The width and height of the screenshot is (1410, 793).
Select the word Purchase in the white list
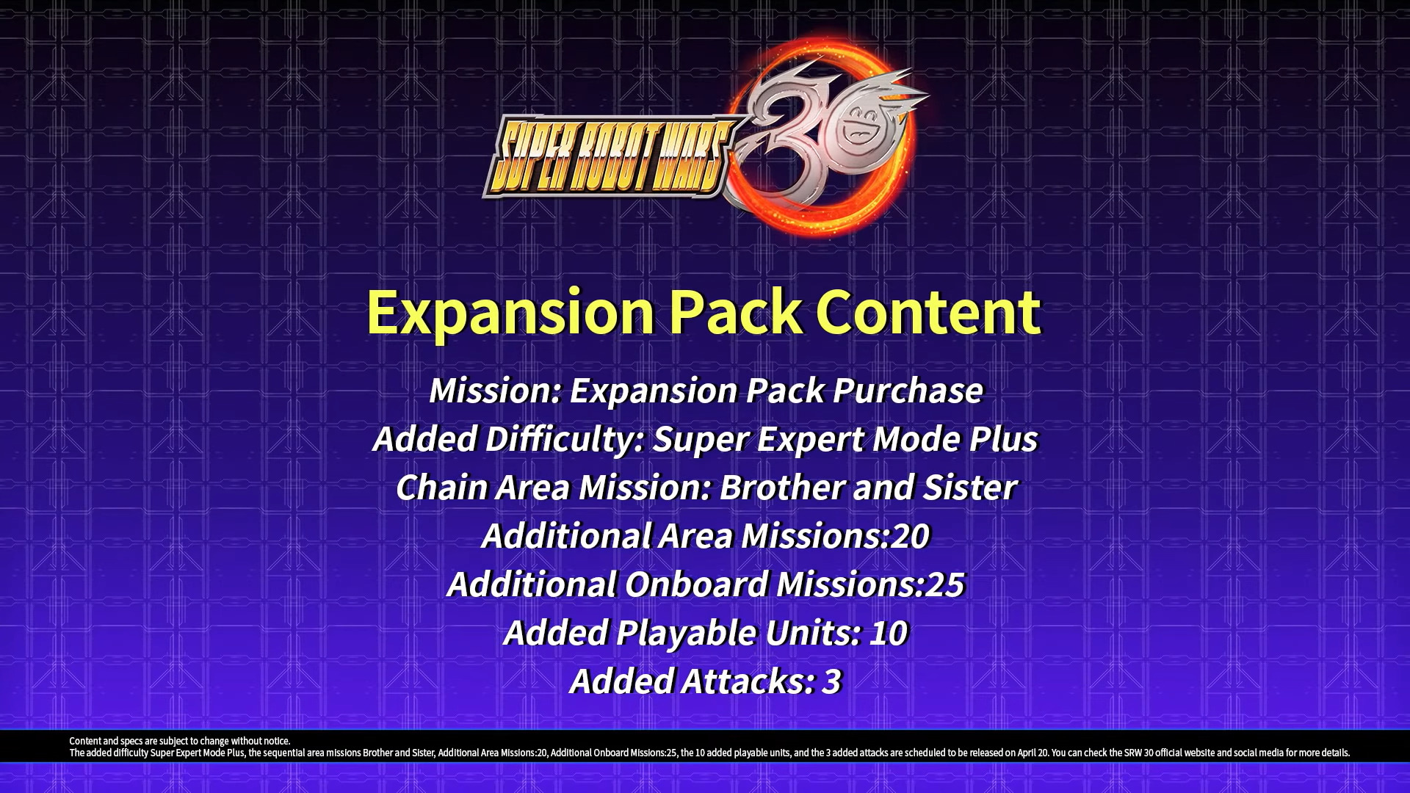click(x=908, y=391)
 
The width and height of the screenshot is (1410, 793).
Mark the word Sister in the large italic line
click(x=969, y=488)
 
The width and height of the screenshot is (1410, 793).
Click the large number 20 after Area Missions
click(x=911, y=536)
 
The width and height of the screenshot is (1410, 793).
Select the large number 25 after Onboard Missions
click(x=945, y=584)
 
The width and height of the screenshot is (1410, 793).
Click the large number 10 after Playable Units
click(x=889, y=633)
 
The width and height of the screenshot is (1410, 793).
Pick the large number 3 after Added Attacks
click(x=831, y=681)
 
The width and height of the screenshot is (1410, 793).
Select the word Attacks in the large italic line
click(x=748, y=681)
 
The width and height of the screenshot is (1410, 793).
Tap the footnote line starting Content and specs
click(x=180, y=741)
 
